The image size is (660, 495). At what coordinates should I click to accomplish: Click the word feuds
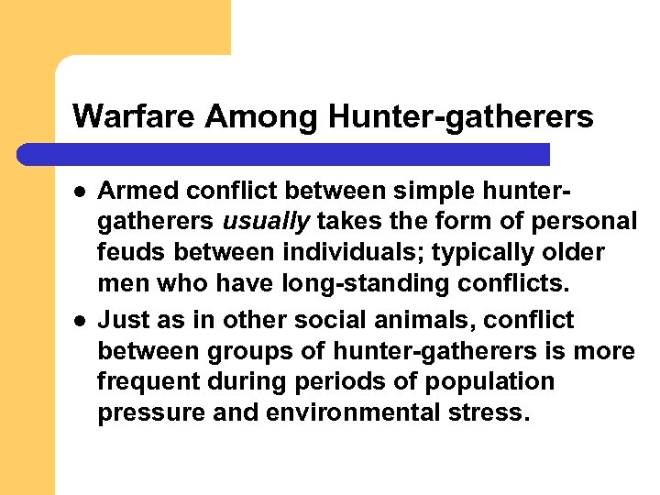tap(129, 253)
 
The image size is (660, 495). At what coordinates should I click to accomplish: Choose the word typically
tap(458, 253)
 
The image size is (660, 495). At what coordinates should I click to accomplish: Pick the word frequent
tap(145, 382)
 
